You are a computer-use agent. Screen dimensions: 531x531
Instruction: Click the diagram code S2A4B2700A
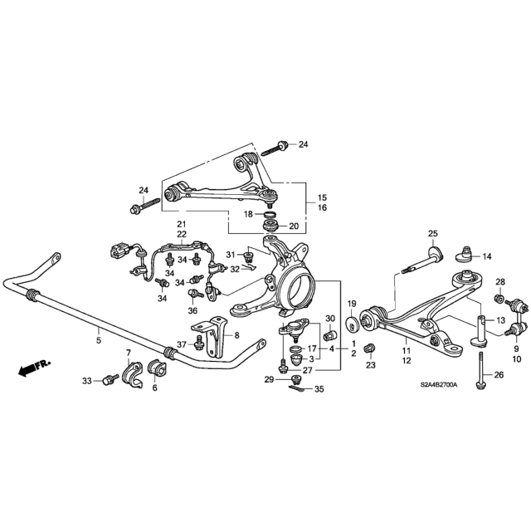(439, 385)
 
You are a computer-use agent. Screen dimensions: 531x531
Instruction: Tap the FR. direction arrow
(34, 368)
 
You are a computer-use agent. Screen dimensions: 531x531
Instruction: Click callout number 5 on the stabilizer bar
(99, 340)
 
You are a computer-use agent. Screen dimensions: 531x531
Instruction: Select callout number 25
(433, 233)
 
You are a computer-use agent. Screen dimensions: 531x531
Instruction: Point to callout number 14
(487, 256)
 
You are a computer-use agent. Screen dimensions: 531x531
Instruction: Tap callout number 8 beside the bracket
(236, 335)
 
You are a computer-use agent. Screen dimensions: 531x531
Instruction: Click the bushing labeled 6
(157, 368)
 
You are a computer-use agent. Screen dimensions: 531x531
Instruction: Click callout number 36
(192, 310)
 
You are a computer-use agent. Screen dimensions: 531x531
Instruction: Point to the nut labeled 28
(499, 299)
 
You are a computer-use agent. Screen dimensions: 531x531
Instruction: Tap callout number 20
(294, 226)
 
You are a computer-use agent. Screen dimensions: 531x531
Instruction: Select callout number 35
(319, 389)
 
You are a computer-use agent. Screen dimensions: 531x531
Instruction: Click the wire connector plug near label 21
(118, 251)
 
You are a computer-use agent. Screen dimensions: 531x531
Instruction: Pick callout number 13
(500, 320)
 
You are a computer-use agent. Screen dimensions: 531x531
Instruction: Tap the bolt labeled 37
(198, 343)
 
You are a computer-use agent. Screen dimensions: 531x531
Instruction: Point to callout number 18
(248, 214)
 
